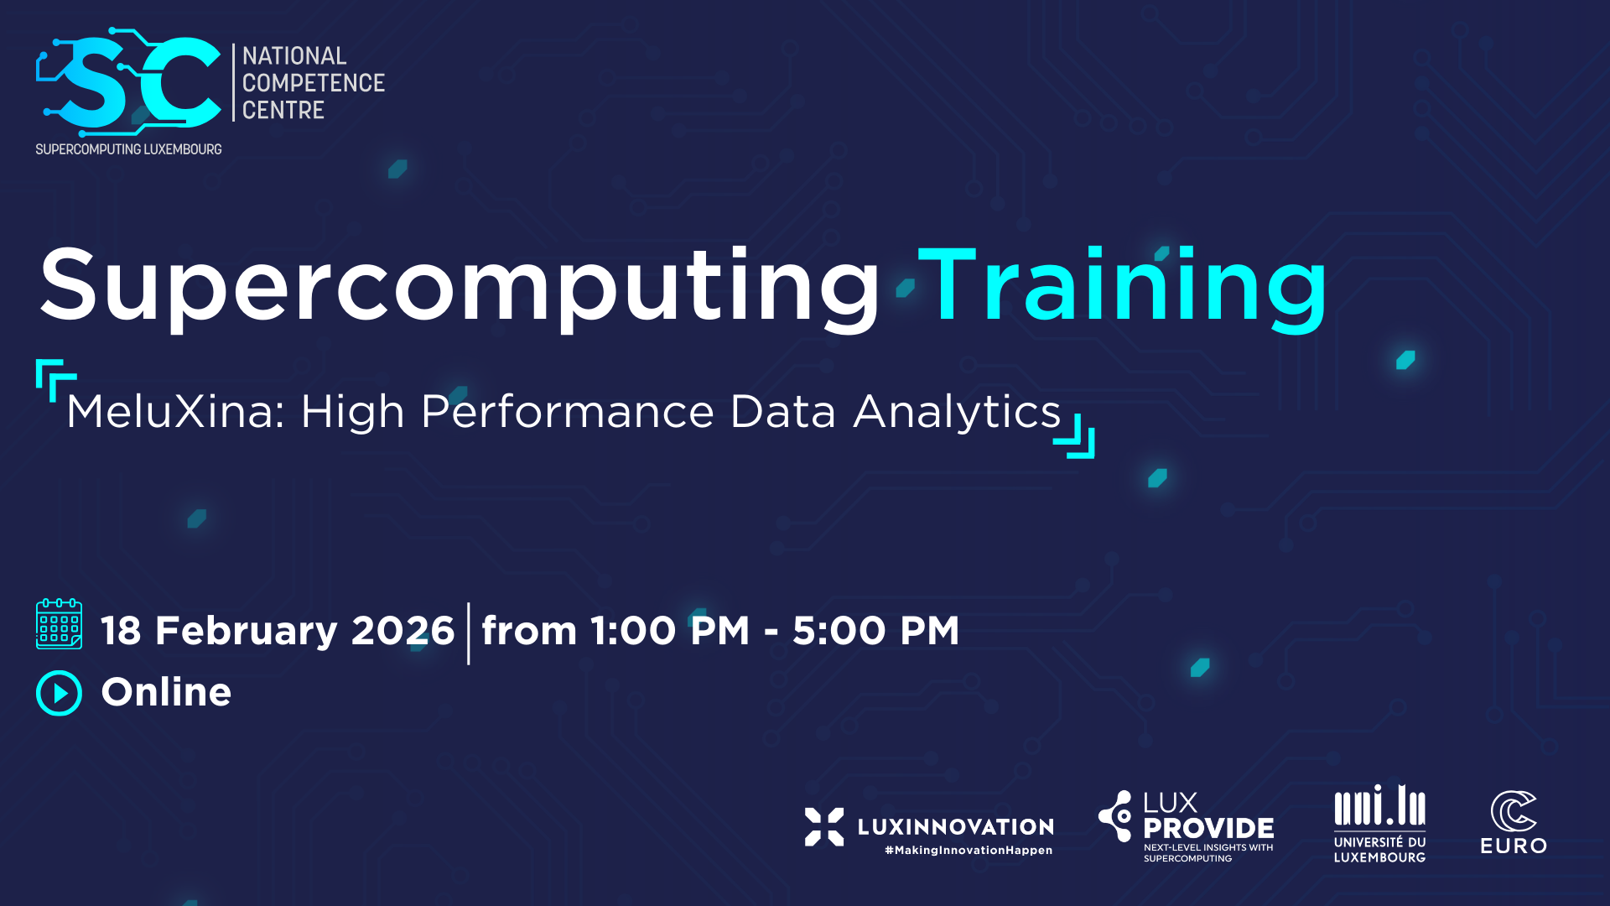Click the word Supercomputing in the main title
click(459, 286)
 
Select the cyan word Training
click(1124, 286)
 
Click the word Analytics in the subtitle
click(958, 413)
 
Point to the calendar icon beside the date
click(59, 624)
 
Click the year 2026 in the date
click(402, 631)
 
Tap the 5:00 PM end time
click(875, 631)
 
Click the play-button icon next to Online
click(59, 693)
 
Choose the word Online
click(166, 692)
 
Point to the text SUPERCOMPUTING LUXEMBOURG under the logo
click(128, 149)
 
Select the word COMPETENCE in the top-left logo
click(314, 83)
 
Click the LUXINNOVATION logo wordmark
click(956, 827)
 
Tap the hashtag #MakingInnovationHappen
click(969, 851)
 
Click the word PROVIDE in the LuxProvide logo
click(1208, 829)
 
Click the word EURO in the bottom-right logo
click(1514, 846)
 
